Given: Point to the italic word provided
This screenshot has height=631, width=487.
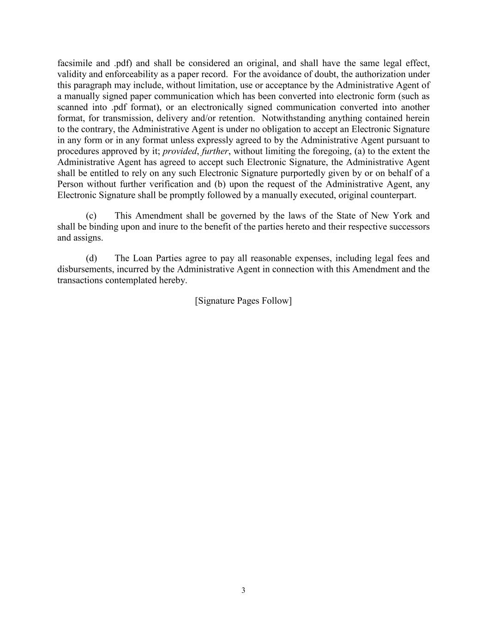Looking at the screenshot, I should pyautogui.click(x=180, y=151).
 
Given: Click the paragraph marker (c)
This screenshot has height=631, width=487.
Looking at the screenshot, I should pyautogui.click(x=91, y=216).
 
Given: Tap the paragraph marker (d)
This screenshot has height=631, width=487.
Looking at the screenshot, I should pyautogui.click(x=91, y=258).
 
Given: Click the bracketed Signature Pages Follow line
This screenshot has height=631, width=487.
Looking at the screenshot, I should pyautogui.click(x=243, y=301).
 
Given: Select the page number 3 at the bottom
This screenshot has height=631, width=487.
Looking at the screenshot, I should pyautogui.click(x=243, y=590).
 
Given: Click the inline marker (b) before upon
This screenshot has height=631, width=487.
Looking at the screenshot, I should pyautogui.click(x=220, y=184).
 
